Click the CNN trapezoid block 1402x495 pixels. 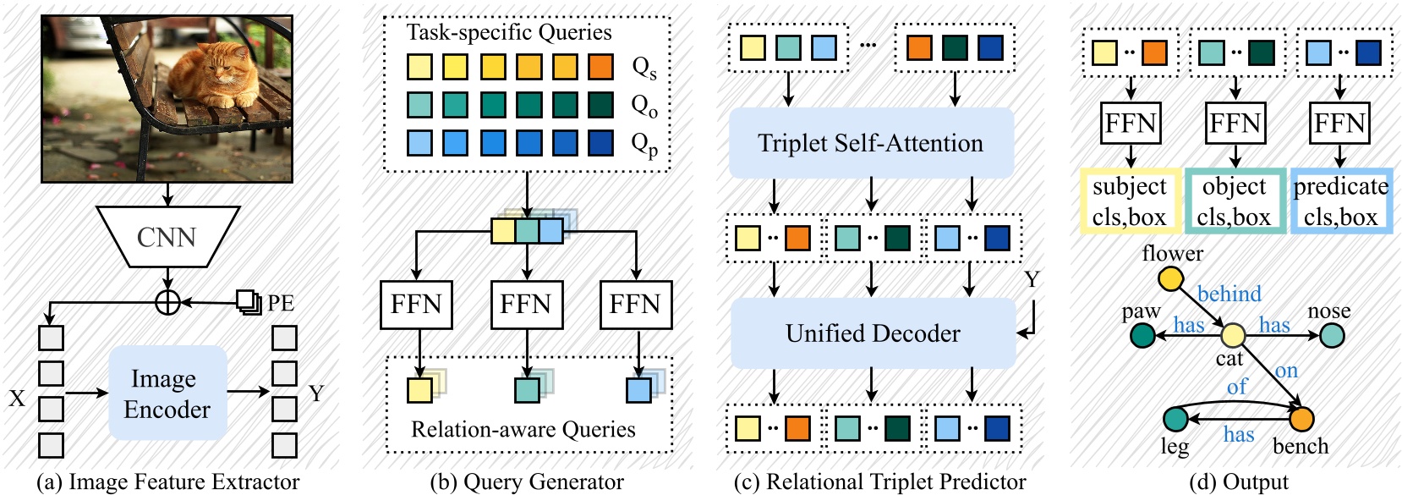(167, 237)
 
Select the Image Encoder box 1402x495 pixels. (167, 393)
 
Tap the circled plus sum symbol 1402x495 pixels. (167, 302)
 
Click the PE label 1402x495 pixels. (280, 303)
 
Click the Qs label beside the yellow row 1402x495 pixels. (644, 68)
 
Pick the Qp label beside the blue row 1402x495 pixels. (644, 145)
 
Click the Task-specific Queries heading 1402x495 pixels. (509, 32)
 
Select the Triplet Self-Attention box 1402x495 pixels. (871, 143)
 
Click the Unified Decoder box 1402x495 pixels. (873, 333)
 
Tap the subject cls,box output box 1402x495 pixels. (1129, 201)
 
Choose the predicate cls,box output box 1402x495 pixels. (1340, 201)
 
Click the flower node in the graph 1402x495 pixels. (1170, 278)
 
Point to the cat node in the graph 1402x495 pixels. (1232, 336)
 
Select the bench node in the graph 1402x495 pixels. (1301, 418)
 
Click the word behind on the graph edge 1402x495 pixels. (1229, 294)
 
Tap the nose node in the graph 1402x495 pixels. (1331, 336)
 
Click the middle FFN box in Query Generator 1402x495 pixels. (527, 305)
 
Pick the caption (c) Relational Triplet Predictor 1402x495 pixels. (879, 482)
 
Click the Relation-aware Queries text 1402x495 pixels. (523, 430)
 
